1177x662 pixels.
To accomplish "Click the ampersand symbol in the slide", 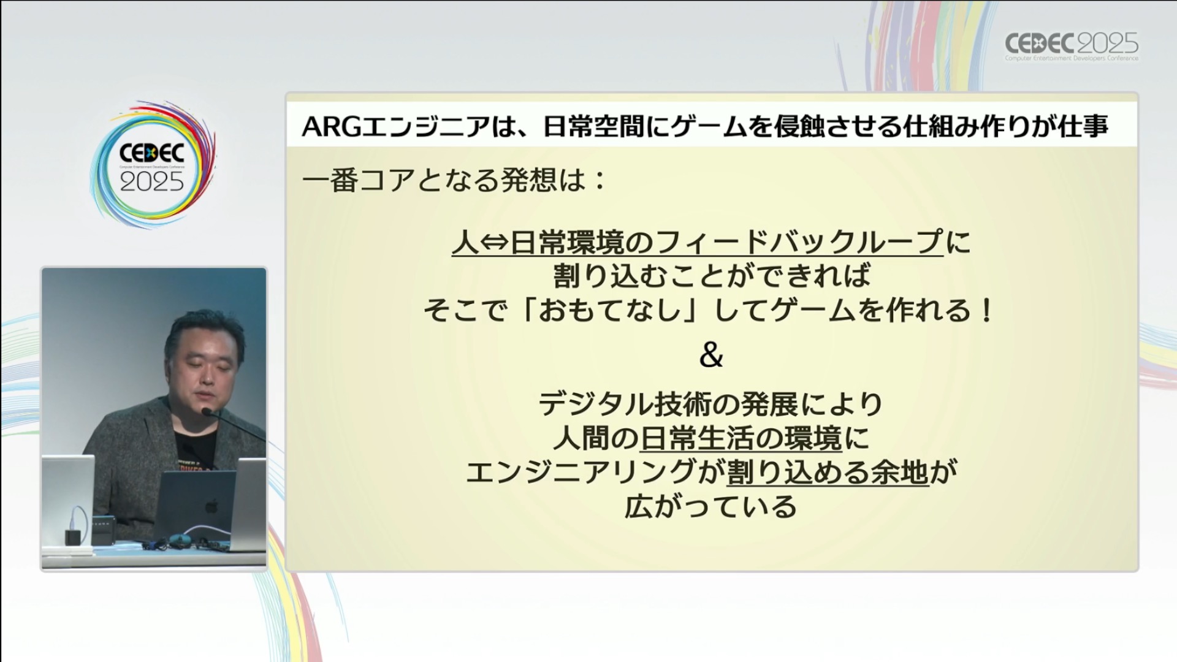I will coord(711,355).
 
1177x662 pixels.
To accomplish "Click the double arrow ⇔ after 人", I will coord(494,243).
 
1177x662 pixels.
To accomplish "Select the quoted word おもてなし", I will coord(610,310).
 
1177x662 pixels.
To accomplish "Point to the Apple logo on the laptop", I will coord(211,506).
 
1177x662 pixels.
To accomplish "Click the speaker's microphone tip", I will coord(207,412).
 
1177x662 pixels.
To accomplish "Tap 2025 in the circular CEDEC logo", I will coord(151,181).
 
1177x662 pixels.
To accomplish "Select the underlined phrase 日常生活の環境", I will coord(741,438).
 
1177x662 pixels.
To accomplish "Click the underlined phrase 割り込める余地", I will coord(828,473).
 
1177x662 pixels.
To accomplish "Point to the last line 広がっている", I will coord(710,507).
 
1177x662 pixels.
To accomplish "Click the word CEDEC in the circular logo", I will coord(151,153).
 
